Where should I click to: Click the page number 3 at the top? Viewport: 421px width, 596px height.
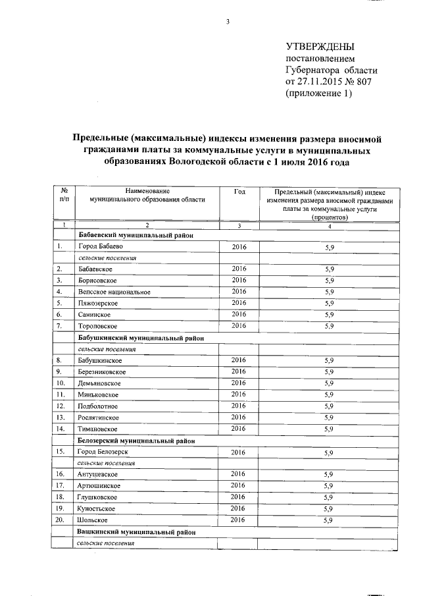(228, 22)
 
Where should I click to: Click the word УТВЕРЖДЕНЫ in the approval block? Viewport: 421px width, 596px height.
(320, 47)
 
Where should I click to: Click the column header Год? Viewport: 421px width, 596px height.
(239, 191)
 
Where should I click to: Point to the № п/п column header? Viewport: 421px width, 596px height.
(63, 195)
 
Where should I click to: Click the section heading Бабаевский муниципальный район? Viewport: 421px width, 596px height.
(135, 235)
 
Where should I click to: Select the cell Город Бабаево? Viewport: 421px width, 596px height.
(100, 246)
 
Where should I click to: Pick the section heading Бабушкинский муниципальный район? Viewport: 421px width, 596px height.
(139, 338)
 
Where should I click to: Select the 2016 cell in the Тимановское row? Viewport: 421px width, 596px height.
(239, 429)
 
